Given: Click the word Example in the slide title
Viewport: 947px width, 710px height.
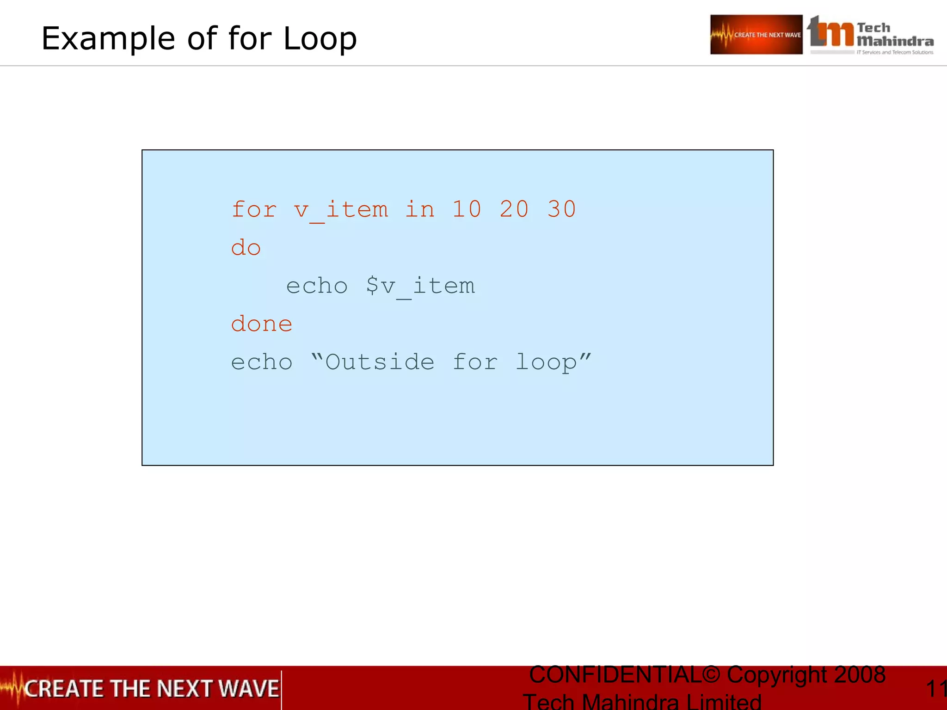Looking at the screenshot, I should pos(108,38).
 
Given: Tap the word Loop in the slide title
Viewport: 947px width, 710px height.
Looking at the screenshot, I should pos(320,38).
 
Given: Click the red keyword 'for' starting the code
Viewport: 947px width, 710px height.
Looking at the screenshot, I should pos(254,209).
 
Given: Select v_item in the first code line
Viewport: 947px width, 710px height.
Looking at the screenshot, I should pos(341,210).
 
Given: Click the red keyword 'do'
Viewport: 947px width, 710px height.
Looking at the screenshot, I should pos(246,248).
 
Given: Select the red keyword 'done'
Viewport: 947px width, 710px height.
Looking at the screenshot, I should pos(262,324).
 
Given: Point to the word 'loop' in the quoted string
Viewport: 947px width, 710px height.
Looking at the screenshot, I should pos(546,362).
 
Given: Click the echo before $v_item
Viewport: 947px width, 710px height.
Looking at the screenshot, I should pos(317,286).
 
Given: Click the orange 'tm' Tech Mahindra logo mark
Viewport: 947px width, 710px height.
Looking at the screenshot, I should pos(830,32).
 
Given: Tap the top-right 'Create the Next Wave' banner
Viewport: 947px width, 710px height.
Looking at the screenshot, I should pos(756,35).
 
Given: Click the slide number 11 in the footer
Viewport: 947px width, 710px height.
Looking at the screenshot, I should pos(936,689).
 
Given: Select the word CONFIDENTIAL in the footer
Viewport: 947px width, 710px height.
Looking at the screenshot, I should pos(615,674).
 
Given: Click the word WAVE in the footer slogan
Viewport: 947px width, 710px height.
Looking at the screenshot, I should pos(249,688).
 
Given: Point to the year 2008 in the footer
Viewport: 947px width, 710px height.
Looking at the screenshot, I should pos(860,674).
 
